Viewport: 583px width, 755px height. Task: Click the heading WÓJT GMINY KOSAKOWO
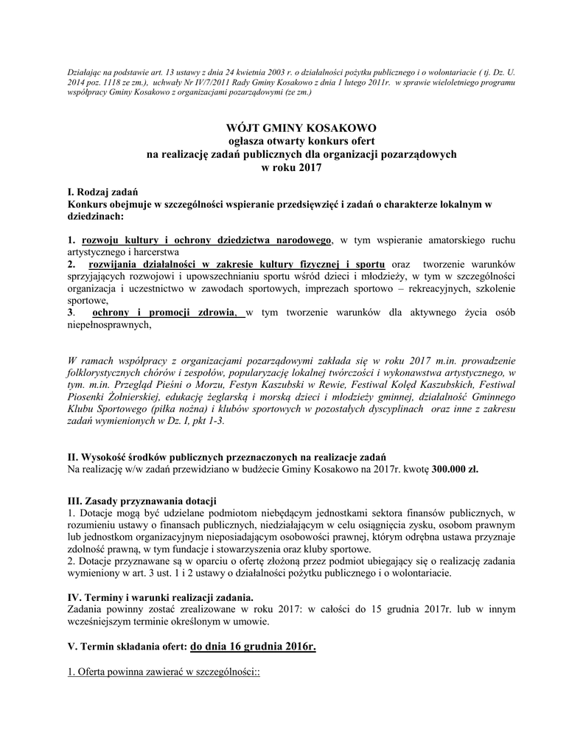coord(292,128)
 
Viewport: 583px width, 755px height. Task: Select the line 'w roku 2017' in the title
coord(292,167)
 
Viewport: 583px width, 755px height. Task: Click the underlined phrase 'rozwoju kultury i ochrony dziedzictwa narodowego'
coord(207,240)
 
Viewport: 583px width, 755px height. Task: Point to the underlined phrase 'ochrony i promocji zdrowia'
coord(169,313)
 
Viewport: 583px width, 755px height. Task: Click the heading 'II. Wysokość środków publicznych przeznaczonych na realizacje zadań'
coord(227,457)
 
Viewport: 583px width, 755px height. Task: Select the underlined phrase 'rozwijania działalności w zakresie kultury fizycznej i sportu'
coord(236,265)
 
